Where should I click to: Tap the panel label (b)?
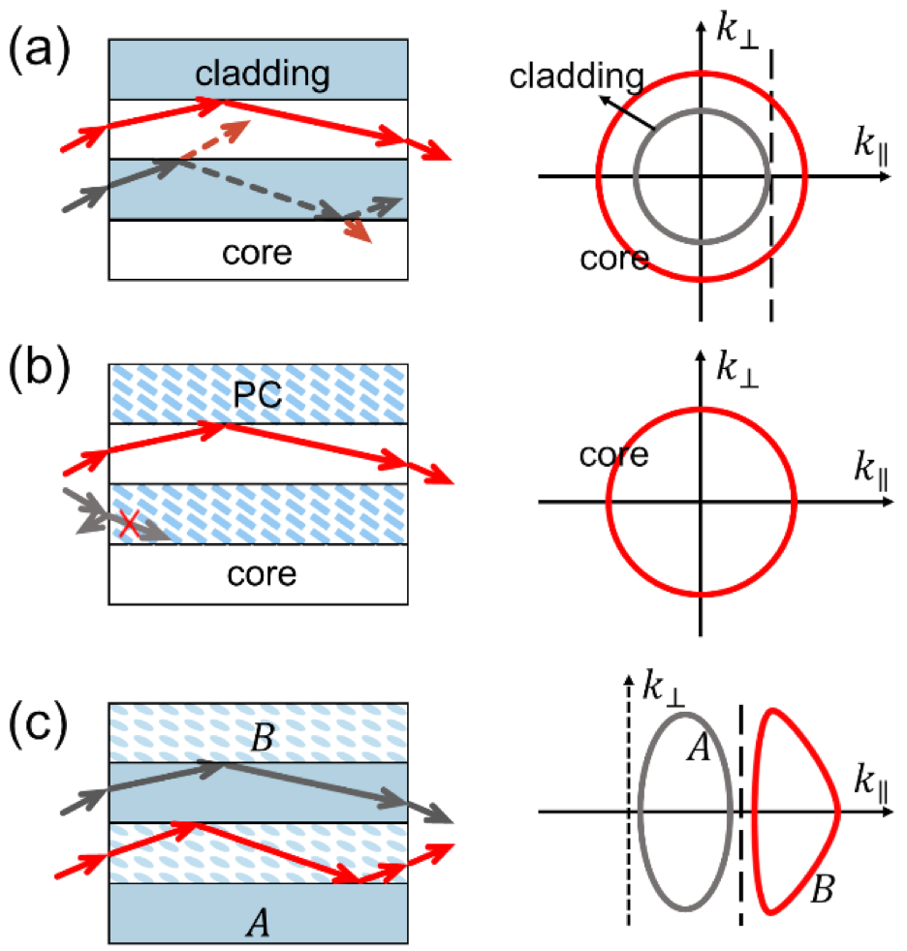39,369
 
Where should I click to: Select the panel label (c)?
38,724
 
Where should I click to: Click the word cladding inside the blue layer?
262,75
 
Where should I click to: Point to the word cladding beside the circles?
577,77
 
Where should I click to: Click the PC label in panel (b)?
258,395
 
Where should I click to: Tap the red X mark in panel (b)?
129,523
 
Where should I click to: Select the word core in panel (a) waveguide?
257,254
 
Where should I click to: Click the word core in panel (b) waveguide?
262,574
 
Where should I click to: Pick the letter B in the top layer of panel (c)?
263,738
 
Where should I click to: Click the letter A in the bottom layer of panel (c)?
258,924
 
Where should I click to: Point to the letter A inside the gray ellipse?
699,747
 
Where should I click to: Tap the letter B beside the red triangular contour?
822,890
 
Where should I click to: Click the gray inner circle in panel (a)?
635,177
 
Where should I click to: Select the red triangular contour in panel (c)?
838,811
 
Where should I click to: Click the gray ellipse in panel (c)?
640,812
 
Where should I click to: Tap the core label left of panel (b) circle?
614,455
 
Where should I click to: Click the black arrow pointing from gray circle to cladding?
628,112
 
